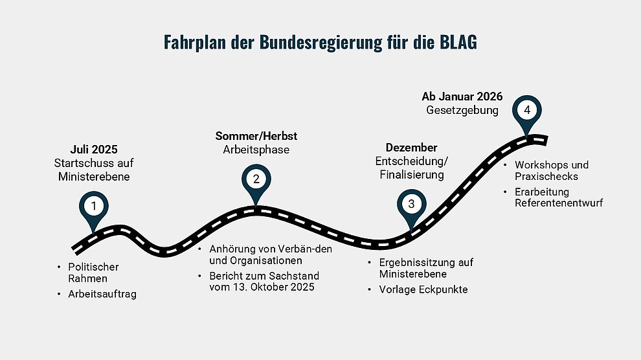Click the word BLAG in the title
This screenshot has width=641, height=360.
(x=458, y=42)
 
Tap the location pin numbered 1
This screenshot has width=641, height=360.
(x=94, y=208)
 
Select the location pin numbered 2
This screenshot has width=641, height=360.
(x=256, y=182)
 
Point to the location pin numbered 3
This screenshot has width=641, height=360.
(x=412, y=207)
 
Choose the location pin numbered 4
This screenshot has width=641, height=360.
(x=527, y=113)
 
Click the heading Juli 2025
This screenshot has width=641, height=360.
(x=94, y=149)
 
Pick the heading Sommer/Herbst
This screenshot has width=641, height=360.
(x=256, y=136)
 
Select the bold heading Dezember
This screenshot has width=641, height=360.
(x=411, y=148)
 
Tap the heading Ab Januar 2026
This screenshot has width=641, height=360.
(x=462, y=96)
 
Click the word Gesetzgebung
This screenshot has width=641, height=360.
(x=462, y=110)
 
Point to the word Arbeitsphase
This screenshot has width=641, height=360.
(x=256, y=150)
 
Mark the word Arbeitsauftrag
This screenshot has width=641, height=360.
(x=102, y=294)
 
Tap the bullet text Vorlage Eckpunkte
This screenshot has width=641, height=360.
(x=423, y=289)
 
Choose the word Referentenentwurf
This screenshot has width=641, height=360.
(x=559, y=203)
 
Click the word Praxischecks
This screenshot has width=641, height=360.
(x=546, y=177)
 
